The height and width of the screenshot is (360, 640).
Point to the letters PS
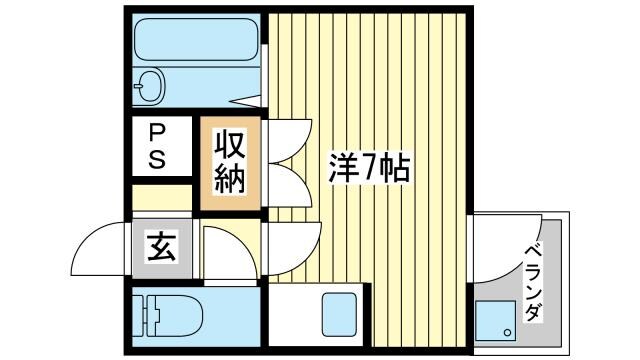coord(159,146)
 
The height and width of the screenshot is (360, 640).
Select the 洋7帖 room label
coord(369,169)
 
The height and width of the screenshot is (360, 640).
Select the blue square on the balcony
coord(496,323)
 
